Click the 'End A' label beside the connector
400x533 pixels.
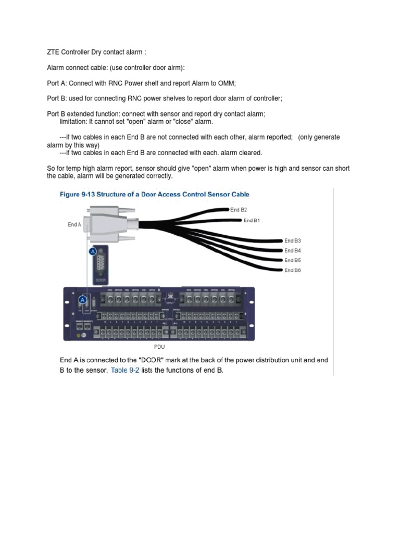tap(74, 225)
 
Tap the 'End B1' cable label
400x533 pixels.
tap(252, 220)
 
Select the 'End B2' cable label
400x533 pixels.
tap(239, 209)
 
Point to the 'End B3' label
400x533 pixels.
tap(293, 240)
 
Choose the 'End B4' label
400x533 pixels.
tap(293, 250)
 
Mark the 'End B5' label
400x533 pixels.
tap(293, 260)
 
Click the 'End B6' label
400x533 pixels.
tap(293, 270)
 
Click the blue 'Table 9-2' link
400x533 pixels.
tap(124, 370)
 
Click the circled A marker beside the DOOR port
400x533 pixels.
tap(93, 252)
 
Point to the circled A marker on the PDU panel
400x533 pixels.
tap(82, 300)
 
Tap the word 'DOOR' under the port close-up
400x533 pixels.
tap(101, 279)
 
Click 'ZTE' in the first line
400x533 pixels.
tap(53, 53)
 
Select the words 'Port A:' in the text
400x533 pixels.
tap(57, 83)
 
